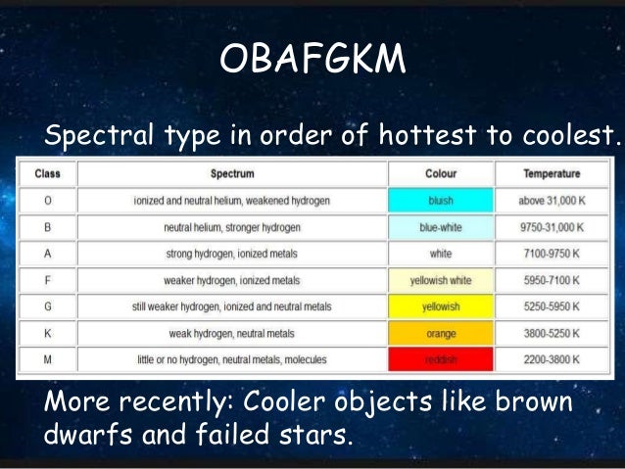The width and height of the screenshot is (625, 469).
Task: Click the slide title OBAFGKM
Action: click(x=312, y=61)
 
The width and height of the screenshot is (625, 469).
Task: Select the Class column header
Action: click(x=48, y=174)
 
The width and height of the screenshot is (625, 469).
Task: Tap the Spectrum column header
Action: click(x=232, y=174)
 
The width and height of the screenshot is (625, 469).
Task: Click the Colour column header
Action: click(x=441, y=174)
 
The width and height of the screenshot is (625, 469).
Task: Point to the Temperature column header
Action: click(x=551, y=174)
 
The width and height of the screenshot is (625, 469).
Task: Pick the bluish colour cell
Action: click(x=441, y=201)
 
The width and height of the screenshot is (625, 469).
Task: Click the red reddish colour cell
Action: click(x=441, y=359)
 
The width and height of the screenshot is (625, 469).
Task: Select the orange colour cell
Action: click(x=441, y=333)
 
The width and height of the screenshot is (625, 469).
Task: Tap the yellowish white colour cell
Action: click(x=441, y=280)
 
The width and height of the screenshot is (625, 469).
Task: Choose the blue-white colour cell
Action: click(x=441, y=227)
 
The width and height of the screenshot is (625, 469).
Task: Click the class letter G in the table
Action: click(x=48, y=306)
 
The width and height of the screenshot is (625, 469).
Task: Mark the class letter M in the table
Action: click(x=48, y=359)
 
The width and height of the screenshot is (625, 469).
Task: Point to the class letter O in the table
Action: click(x=48, y=201)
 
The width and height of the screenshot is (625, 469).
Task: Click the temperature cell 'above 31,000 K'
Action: click(x=551, y=201)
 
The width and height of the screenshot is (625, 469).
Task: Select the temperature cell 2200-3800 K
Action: click(x=551, y=359)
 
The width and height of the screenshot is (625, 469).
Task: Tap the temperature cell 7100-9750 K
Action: click(x=551, y=254)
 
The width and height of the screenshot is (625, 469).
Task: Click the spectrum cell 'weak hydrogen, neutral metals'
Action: click(x=232, y=333)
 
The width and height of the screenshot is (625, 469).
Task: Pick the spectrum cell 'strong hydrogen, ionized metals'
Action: click(x=232, y=254)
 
